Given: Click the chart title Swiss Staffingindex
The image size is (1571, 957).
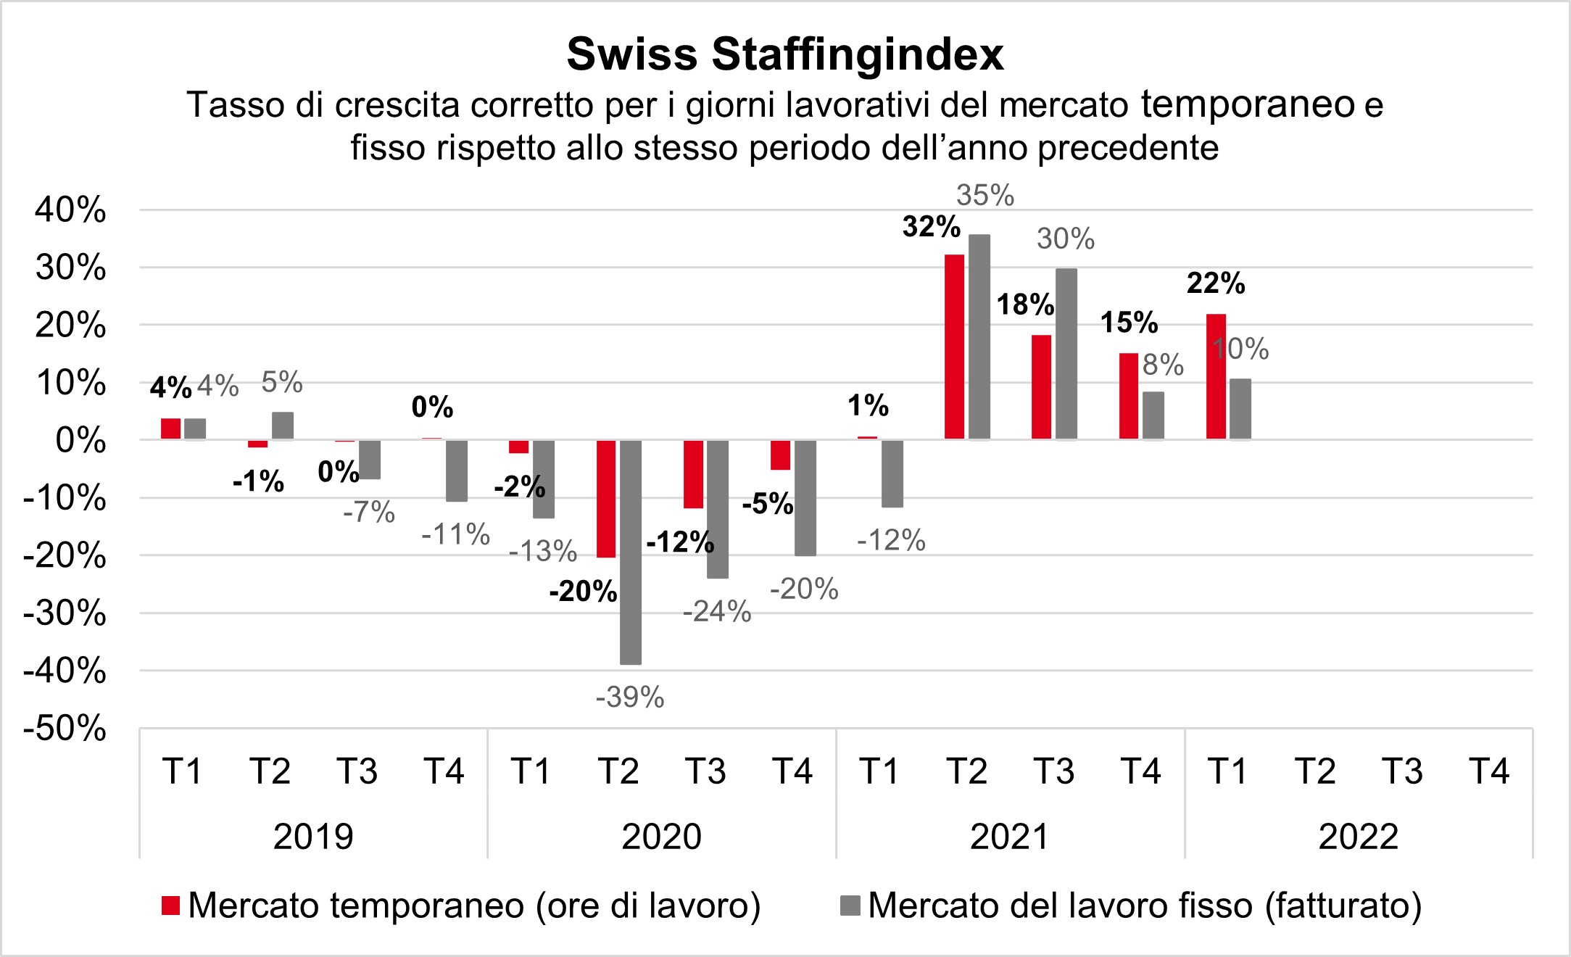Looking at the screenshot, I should (x=785, y=54).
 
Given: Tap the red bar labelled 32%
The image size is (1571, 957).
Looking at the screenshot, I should (x=954, y=347).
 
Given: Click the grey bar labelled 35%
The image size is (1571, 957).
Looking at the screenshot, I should (x=979, y=337).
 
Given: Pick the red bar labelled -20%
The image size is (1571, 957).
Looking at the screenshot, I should (x=606, y=498).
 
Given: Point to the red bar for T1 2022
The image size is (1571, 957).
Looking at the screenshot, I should (x=1216, y=376).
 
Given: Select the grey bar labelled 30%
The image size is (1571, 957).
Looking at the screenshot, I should (x=1066, y=354).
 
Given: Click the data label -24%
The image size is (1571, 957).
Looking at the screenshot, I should (x=717, y=612).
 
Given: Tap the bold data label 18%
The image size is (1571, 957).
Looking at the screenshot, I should (x=1025, y=304).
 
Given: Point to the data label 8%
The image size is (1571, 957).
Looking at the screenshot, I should (x=1163, y=365).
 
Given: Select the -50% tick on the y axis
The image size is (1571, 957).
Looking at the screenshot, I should (x=65, y=729).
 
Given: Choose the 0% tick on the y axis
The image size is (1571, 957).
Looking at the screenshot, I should (x=80, y=441).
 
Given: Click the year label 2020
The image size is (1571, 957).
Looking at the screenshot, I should (x=661, y=837).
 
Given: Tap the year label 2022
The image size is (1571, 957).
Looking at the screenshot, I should (x=1358, y=837).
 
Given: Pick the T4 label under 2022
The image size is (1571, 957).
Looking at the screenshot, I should (x=1489, y=771).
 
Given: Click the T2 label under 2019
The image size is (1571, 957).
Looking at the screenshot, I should (x=270, y=771).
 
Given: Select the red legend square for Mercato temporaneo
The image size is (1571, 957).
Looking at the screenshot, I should (x=170, y=906).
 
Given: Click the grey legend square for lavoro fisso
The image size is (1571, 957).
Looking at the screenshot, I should (x=850, y=906).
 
